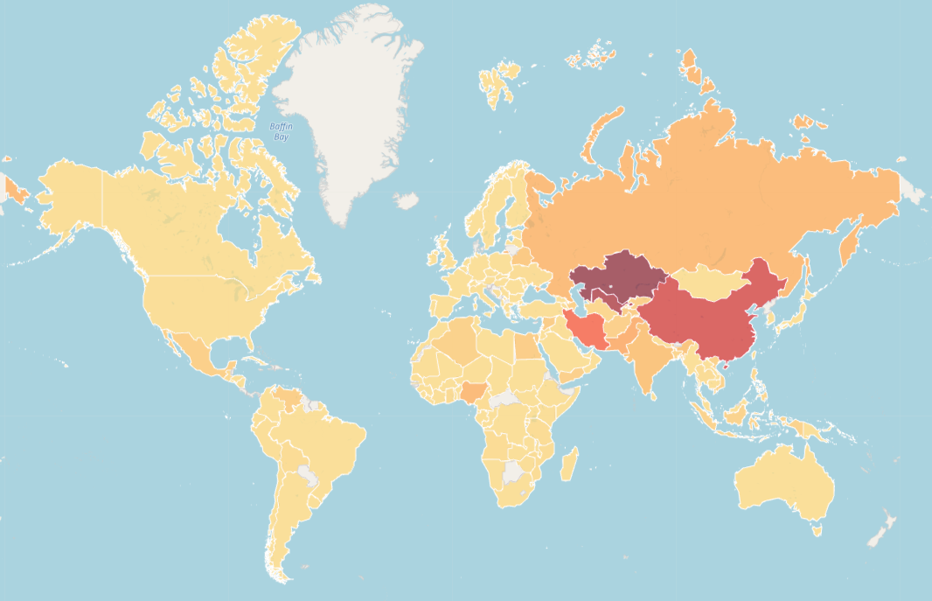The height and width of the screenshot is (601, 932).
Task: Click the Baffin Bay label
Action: [x=281, y=131]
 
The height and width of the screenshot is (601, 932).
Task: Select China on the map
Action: [x=699, y=324]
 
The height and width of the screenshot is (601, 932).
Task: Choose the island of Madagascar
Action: [x=568, y=464]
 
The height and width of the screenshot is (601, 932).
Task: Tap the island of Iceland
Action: [x=406, y=200]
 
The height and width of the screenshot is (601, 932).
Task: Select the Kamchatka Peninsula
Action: [x=848, y=245]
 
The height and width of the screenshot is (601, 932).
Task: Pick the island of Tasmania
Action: [x=817, y=528]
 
